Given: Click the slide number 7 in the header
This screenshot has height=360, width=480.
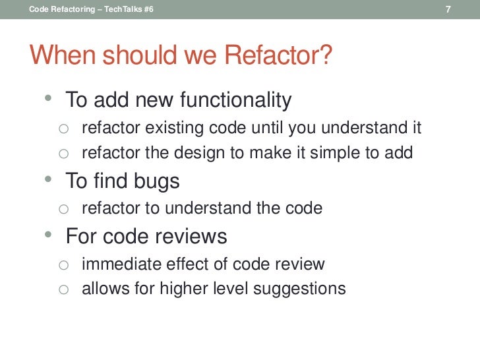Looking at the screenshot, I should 448,9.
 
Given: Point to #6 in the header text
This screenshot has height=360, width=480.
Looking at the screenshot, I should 148,9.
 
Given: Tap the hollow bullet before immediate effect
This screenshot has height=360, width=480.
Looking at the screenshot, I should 63,265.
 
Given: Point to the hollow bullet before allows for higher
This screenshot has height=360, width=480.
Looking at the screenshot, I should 63,289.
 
